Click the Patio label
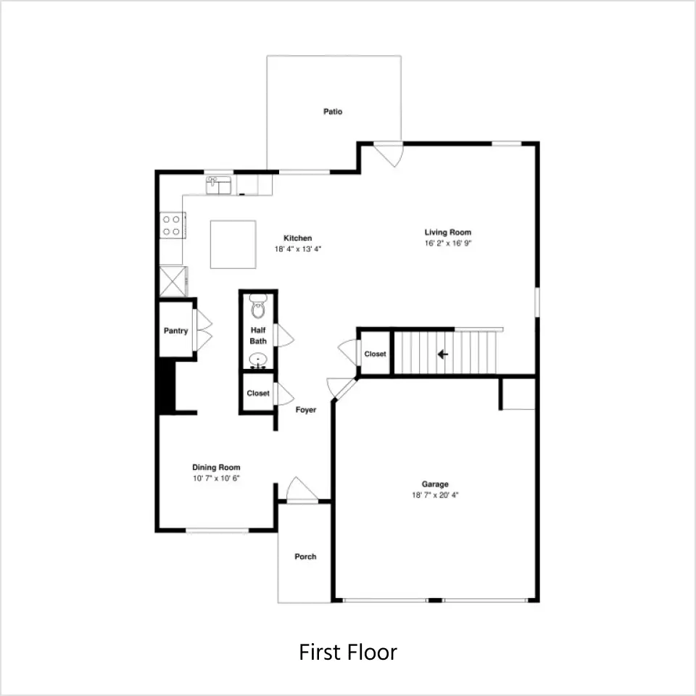(333, 112)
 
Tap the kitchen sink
(219, 185)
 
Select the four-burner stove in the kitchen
(173, 225)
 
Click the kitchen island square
(233, 244)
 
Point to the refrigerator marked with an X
(173, 281)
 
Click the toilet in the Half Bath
(258, 306)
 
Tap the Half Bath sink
(258, 360)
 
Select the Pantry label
(175, 331)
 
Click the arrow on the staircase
(443, 355)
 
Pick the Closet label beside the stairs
(375, 354)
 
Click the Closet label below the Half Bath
(258, 393)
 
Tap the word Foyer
(306, 410)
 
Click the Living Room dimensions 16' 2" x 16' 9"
(448, 244)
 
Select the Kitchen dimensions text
(297, 249)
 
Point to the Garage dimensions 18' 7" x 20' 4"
(435, 495)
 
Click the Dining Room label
(216, 468)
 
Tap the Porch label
(305, 557)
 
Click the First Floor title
(348, 652)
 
